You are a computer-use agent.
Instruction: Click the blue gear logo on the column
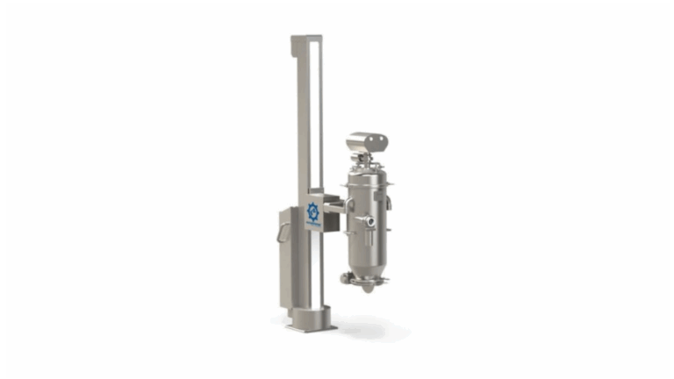tap(314, 211)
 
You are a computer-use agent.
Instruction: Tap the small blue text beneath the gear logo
tap(314, 225)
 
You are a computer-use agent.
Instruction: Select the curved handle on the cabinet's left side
tap(279, 234)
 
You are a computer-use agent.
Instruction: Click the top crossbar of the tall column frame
tap(308, 39)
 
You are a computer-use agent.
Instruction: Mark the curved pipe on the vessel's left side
tap(348, 230)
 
